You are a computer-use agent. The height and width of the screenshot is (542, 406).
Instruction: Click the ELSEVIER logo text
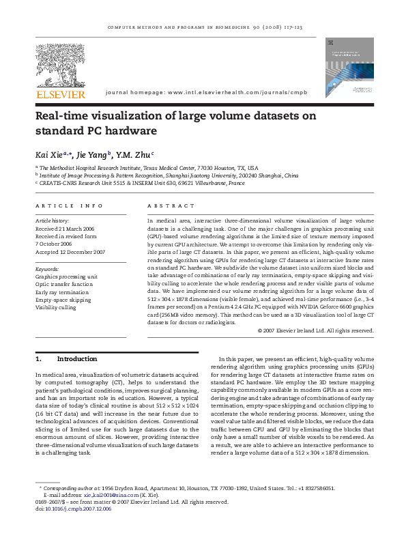(x=61, y=94)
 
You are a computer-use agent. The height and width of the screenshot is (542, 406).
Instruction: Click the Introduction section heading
(x=76, y=358)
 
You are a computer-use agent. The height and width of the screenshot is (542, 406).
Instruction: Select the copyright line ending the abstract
(x=316, y=330)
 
